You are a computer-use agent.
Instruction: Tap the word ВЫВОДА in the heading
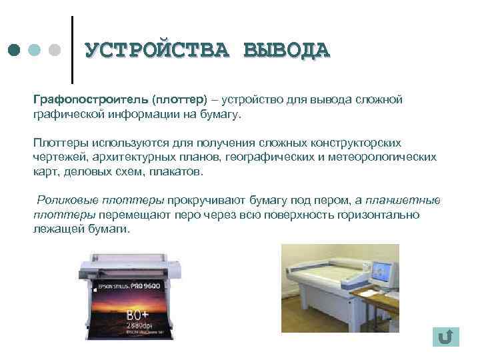[287, 50]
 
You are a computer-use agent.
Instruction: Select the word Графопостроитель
[91, 99]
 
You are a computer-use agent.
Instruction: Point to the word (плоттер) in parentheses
[179, 99]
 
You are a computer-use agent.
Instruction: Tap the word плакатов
[173, 171]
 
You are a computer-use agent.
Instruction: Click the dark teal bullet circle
[15, 51]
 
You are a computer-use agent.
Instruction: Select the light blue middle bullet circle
[35, 51]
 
